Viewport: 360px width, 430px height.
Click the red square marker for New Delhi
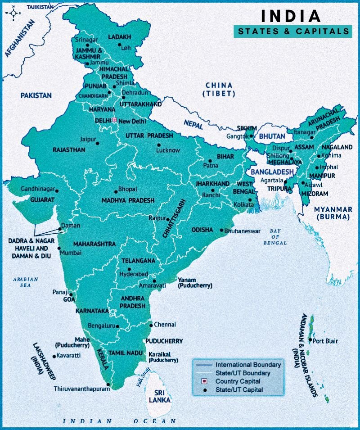click(114, 120)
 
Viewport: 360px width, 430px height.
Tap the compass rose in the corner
click(13, 14)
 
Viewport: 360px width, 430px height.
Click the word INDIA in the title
click(291, 16)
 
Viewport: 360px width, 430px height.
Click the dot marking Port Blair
click(310, 340)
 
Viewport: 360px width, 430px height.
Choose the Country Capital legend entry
click(237, 381)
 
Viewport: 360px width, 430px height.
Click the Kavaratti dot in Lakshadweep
click(54, 356)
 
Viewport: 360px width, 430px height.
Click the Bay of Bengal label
click(275, 237)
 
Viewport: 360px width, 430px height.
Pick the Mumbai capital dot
click(59, 248)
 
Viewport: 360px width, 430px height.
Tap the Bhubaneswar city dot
click(221, 231)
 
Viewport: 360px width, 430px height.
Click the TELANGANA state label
click(138, 261)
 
